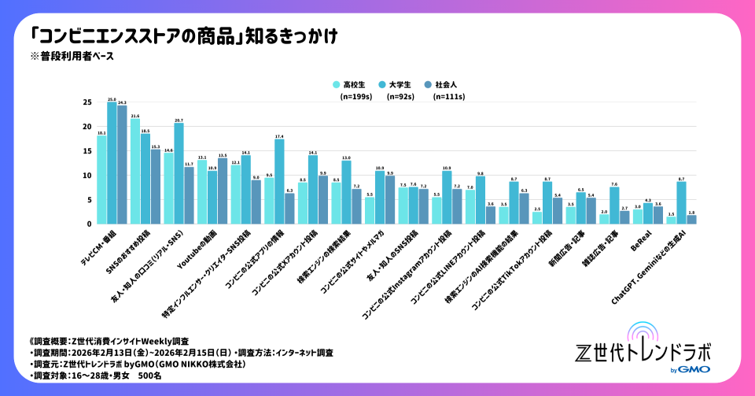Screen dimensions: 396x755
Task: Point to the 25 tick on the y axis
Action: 87,102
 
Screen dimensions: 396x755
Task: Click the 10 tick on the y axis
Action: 87,176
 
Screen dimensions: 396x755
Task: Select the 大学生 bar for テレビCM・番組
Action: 112,163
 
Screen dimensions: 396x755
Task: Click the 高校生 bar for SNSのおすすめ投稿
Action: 135,172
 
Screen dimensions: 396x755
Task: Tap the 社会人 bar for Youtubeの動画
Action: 222,191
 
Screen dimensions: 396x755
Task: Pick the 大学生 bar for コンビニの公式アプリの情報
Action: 279,181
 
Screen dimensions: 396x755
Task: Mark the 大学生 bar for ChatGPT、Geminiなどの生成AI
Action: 682,202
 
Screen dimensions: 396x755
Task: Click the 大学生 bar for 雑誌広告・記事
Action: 614,205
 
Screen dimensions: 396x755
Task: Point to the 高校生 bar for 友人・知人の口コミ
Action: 168,188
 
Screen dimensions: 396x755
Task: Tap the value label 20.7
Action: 179,120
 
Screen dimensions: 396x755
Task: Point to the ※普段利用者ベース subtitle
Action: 72,56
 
